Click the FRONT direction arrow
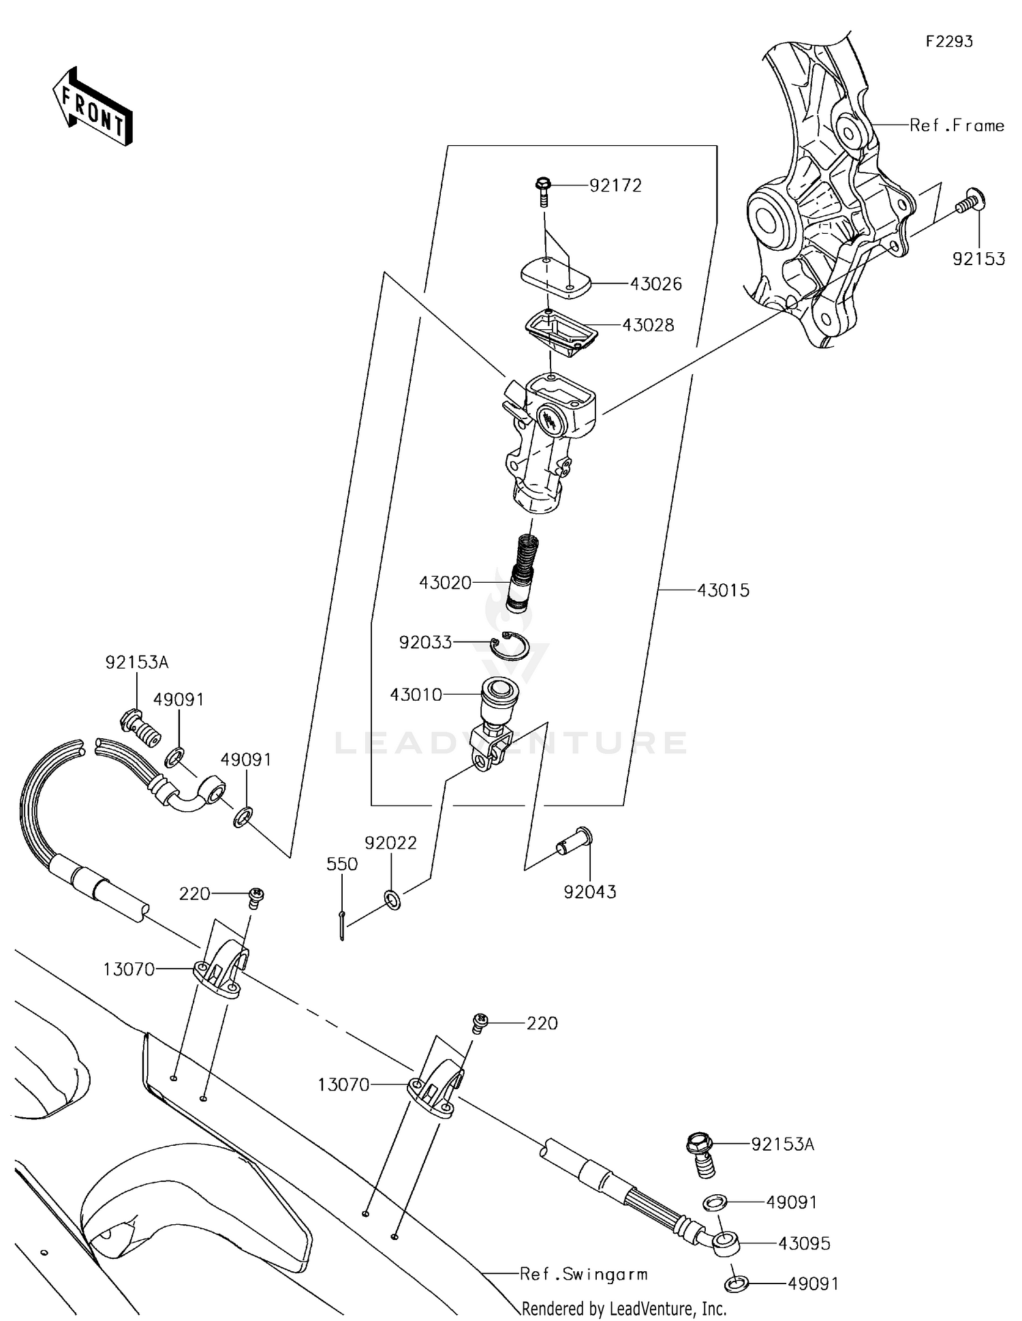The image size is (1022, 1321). [x=93, y=107]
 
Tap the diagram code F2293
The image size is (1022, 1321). [x=949, y=42]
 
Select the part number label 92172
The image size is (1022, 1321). [x=615, y=185]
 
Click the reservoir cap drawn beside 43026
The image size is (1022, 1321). [x=555, y=278]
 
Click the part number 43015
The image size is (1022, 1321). [x=723, y=590]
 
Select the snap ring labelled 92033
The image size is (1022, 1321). [x=511, y=647]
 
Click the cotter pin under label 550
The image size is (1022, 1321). [x=342, y=924]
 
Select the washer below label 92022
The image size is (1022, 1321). [x=392, y=899]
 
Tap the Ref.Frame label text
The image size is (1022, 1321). [x=957, y=125]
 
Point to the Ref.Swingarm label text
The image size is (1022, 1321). [x=583, y=1274]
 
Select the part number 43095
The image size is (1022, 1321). [x=804, y=1243]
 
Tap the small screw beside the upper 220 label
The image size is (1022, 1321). [x=256, y=898]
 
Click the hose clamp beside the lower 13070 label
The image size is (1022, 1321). [x=435, y=1087]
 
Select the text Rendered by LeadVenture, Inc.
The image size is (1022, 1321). [x=623, y=1308]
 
